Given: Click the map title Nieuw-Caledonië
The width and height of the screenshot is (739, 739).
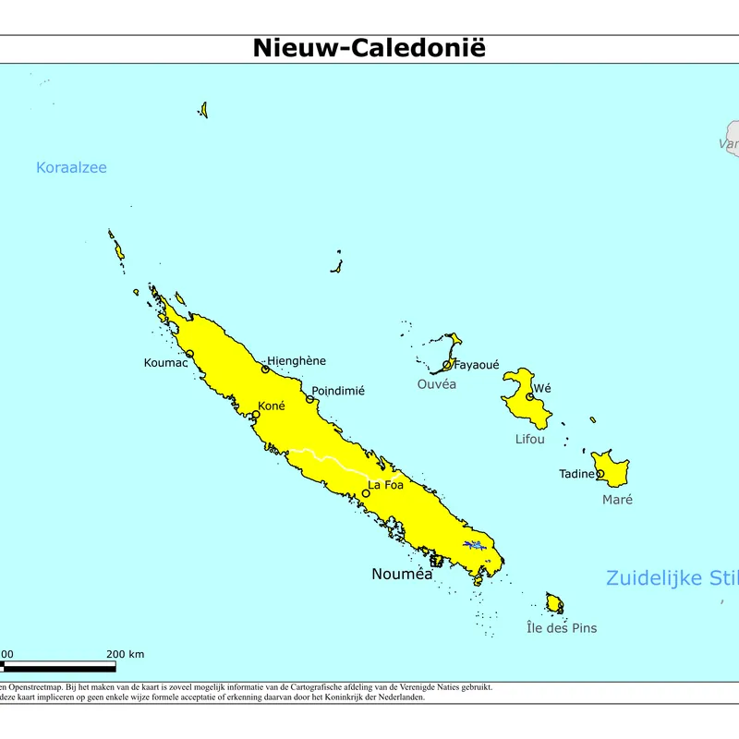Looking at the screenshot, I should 369,48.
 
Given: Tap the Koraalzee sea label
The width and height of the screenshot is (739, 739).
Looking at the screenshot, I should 71,167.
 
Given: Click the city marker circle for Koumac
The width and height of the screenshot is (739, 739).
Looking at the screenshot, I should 189,354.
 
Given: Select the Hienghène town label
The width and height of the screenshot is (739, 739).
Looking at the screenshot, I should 297,360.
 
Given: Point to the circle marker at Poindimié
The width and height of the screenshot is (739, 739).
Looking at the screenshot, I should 310,399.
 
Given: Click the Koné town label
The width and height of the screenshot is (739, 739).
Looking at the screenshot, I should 272,406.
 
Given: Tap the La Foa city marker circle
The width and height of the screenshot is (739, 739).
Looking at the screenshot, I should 366,493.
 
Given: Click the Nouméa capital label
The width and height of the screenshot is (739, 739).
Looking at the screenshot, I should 402,574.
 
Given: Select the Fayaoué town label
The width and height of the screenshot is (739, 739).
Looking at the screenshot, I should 477,365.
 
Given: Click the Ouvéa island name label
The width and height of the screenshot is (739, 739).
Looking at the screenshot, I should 437,384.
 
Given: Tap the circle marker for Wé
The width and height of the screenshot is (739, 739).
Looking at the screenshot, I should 530,397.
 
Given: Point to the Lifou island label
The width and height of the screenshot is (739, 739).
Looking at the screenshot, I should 530,439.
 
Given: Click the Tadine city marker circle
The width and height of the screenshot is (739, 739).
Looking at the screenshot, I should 600,474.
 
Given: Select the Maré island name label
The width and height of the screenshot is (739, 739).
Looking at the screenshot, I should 617,500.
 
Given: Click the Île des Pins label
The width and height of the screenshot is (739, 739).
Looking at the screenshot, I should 562,628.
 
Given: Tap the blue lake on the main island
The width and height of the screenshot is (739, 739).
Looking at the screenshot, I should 474,545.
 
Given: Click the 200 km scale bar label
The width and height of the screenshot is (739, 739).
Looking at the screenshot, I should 126,655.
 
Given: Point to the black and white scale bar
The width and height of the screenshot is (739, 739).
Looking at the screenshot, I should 57,666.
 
